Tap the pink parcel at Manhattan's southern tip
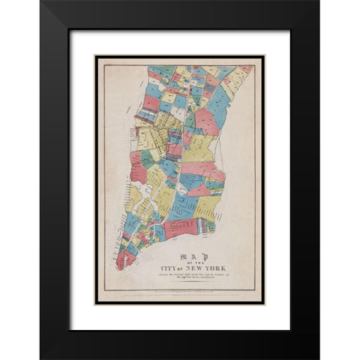(125, 259)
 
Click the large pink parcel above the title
(180, 228)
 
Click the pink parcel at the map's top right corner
(246, 70)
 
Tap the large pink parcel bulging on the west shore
(138, 170)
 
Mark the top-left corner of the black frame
(40, 2)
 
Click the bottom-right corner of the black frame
(319, 358)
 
